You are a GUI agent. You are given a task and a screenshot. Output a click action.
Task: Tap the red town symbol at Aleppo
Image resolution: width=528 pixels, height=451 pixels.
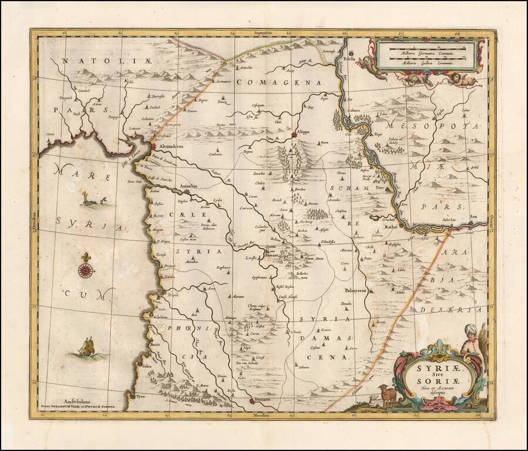click(296, 137)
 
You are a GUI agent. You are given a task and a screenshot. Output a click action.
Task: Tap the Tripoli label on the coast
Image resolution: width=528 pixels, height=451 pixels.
click(173, 295)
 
